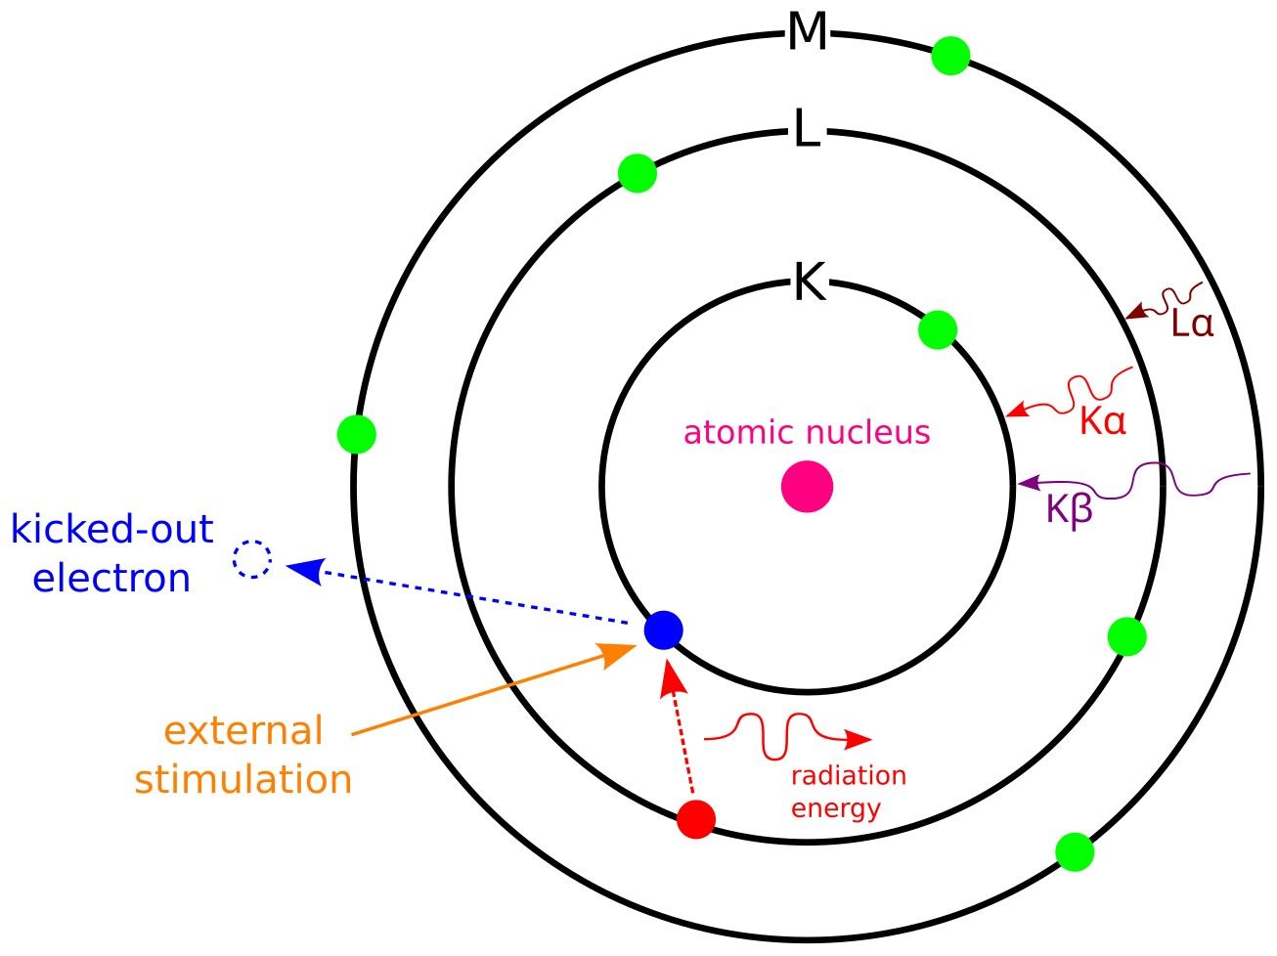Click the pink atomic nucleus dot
pyautogui.click(x=807, y=486)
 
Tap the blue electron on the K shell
pyautogui.click(x=663, y=629)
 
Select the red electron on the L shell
pyautogui.click(x=696, y=819)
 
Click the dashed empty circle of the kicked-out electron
pyautogui.click(x=252, y=560)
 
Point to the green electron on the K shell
pyautogui.click(x=938, y=329)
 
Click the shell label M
pyautogui.click(x=808, y=33)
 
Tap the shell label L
pyautogui.click(x=807, y=129)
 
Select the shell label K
pyautogui.click(x=810, y=284)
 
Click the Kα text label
pyautogui.click(x=1103, y=422)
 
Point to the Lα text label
pyautogui.click(x=1192, y=325)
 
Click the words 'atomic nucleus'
pyautogui.click(x=807, y=432)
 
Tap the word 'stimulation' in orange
pyautogui.click(x=242, y=779)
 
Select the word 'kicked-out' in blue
pyautogui.click(x=111, y=529)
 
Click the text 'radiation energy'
pyautogui.click(x=848, y=792)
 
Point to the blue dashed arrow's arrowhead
pyautogui.click(x=304, y=569)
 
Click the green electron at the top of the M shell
pyautogui.click(x=950, y=56)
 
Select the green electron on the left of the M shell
pyautogui.click(x=356, y=433)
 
